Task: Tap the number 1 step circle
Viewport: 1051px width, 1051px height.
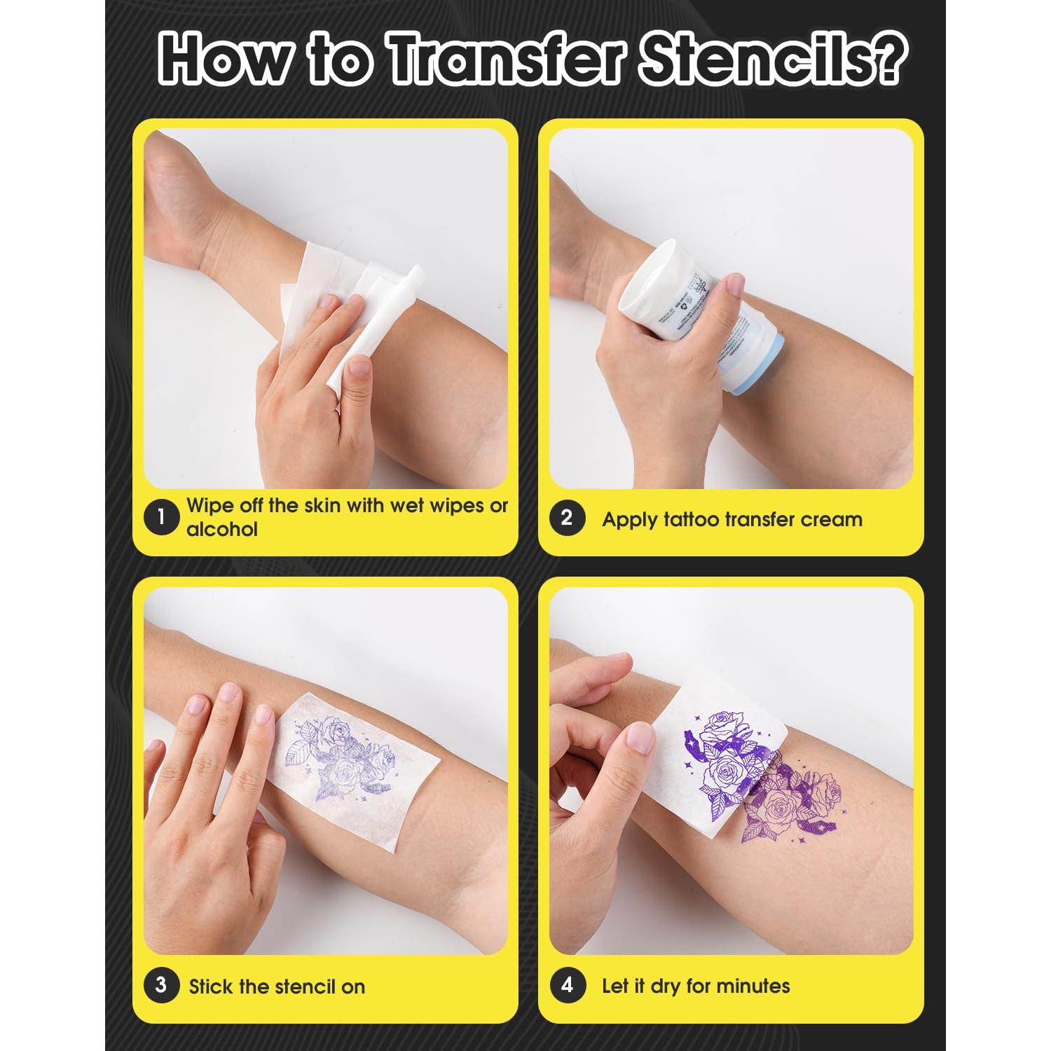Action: pyautogui.click(x=160, y=518)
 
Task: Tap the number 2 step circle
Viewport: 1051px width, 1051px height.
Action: pyautogui.click(x=567, y=518)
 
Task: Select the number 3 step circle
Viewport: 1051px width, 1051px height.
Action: pyautogui.click(x=160, y=985)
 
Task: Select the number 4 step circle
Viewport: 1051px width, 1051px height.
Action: pyautogui.click(x=567, y=985)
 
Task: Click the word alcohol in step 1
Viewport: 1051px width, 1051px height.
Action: pyautogui.click(x=221, y=530)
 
